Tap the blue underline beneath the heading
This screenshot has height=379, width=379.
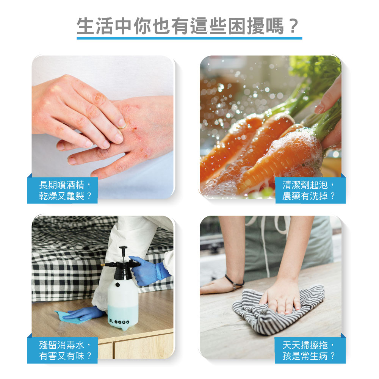click(189, 38)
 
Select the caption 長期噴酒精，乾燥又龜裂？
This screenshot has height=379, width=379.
click(65, 191)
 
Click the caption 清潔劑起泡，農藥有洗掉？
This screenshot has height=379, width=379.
click(309, 191)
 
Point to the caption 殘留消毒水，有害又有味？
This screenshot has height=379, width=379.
click(65, 351)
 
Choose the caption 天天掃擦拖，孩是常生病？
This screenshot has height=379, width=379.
click(309, 351)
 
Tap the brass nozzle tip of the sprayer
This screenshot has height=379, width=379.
click(103, 265)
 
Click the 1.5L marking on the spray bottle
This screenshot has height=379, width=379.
click(111, 321)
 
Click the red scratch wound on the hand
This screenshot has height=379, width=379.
click(136, 128)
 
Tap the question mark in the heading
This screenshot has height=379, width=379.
click(293, 26)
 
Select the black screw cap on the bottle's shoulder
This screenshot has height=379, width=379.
click(117, 285)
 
